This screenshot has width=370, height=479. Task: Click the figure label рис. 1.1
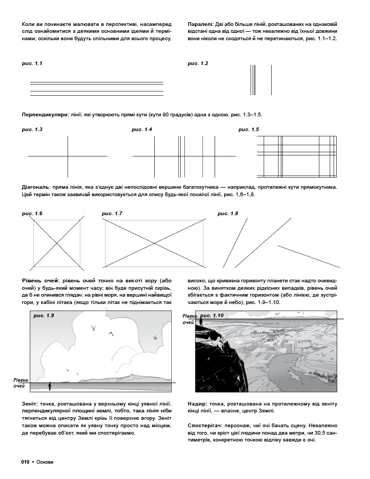[32, 63]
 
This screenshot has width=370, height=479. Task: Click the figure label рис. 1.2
[198, 63]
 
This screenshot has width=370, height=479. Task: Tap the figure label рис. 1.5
[249, 129]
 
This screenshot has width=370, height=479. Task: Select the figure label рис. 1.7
[112, 213]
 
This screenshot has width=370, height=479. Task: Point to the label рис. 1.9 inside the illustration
[44, 316]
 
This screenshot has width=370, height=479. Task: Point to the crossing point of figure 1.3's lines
[68, 156]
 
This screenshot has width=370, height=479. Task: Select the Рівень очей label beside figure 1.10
[189, 319]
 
